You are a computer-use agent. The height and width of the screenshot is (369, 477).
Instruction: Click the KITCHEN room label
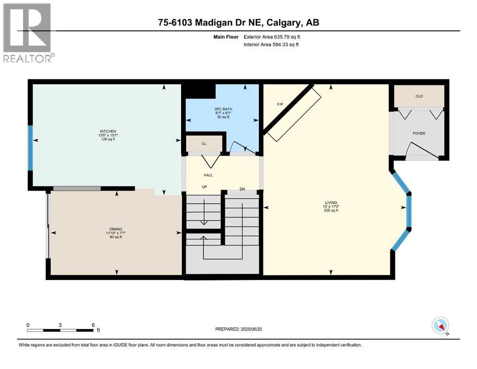pyautogui.click(x=108, y=131)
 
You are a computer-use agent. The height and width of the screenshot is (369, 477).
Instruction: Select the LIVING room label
pyautogui.click(x=330, y=202)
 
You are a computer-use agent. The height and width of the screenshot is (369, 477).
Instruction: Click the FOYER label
pyautogui.click(x=418, y=133)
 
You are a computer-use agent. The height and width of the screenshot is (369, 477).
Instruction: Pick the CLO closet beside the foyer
pyautogui.click(x=419, y=96)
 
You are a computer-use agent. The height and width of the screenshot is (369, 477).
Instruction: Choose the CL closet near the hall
pyautogui.click(x=204, y=143)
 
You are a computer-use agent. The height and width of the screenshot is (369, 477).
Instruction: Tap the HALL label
pyautogui.click(x=208, y=175)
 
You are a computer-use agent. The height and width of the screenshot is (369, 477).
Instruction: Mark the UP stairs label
pyautogui.click(x=204, y=186)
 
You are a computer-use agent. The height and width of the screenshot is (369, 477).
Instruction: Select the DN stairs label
pyautogui.click(x=242, y=189)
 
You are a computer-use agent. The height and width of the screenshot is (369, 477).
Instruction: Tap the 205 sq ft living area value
pyautogui.click(x=330, y=210)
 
